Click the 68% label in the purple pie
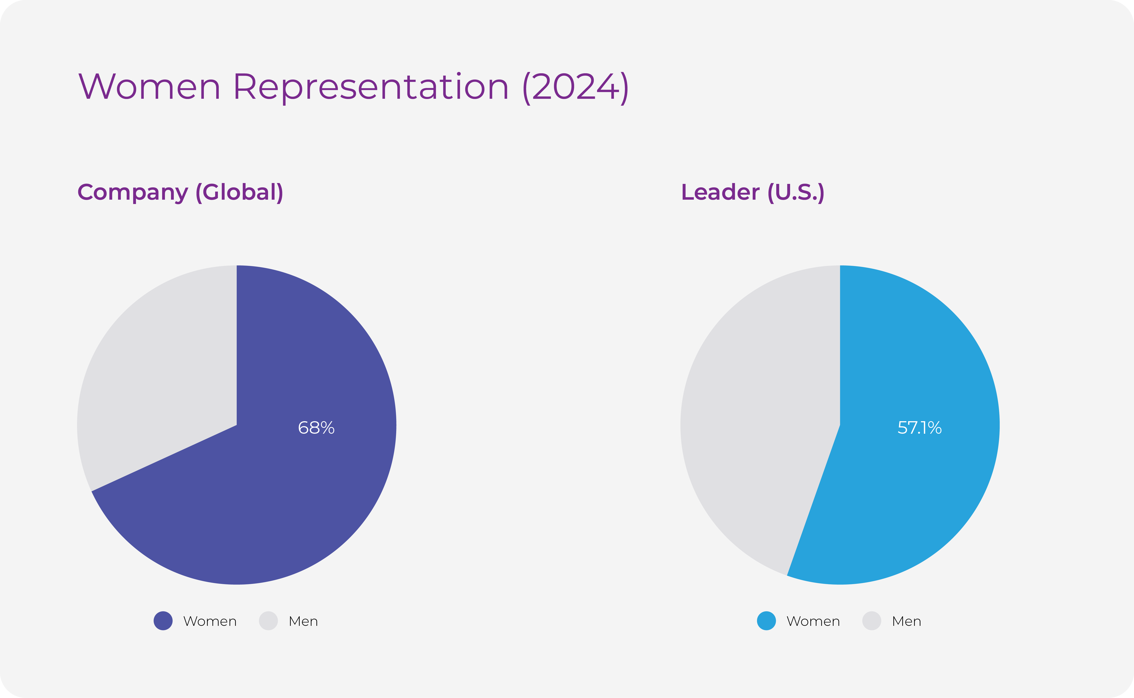click(316, 428)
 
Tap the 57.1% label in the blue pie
click(919, 428)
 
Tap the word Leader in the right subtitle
click(720, 193)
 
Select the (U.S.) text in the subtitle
click(795, 193)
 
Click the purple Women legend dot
click(163, 621)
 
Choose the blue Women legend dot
click(767, 621)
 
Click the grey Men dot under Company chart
click(268, 621)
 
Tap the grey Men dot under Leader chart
click(872, 621)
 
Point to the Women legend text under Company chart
click(210, 621)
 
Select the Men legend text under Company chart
click(303, 621)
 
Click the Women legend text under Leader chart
click(814, 621)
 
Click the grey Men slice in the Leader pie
click(757, 416)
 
